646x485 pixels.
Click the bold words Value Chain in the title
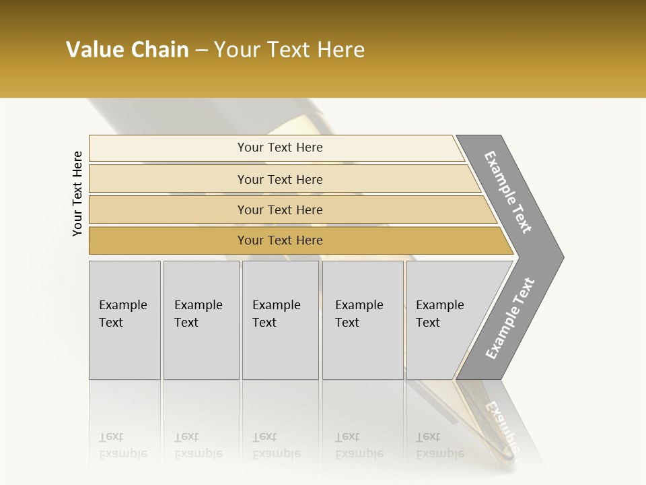tap(127, 50)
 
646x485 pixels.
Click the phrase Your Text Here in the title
tap(289, 50)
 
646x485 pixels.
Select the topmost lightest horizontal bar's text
tap(280, 148)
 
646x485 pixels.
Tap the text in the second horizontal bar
tap(280, 179)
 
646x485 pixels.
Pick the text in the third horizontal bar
tap(280, 209)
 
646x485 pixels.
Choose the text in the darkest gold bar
tap(280, 240)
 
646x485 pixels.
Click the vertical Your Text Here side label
tap(77, 193)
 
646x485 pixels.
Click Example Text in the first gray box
tap(122, 314)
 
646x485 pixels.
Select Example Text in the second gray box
tap(198, 314)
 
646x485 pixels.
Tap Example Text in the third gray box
tap(276, 314)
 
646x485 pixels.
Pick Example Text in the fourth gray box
tap(359, 314)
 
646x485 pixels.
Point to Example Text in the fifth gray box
tap(439, 314)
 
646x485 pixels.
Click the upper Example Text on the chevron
tap(508, 192)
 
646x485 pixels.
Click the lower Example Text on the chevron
tap(509, 319)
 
